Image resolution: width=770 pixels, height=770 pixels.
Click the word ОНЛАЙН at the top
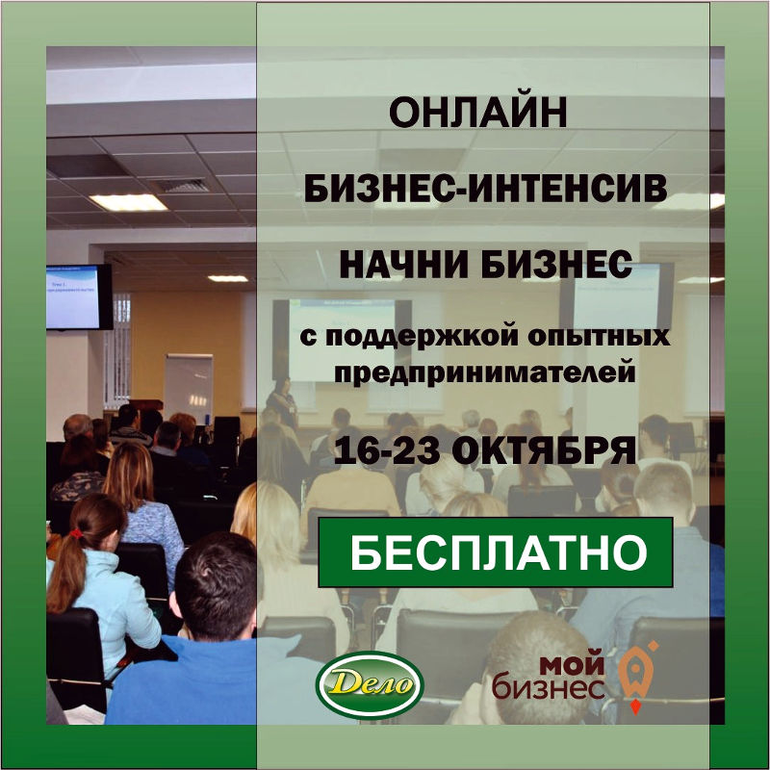tap(477, 113)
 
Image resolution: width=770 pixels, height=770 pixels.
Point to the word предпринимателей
tap(485, 373)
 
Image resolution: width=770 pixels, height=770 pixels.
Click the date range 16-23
tap(387, 450)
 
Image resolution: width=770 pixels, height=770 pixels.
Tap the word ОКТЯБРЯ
tap(544, 450)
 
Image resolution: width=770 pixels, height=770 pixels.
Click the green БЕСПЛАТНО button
tap(496, 552)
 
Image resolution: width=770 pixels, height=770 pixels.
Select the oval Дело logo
tap(371, 685)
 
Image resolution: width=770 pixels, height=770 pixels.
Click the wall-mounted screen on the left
tap(79, 296)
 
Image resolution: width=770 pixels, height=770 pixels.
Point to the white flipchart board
tap(189, 384)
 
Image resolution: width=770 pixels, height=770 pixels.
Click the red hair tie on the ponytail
tap(76, 533)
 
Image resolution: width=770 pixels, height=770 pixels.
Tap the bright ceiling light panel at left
tap(129, 202)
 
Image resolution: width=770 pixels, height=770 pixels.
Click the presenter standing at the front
tap(282, 402)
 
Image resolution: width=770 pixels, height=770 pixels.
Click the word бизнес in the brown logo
tap(549, 686)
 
